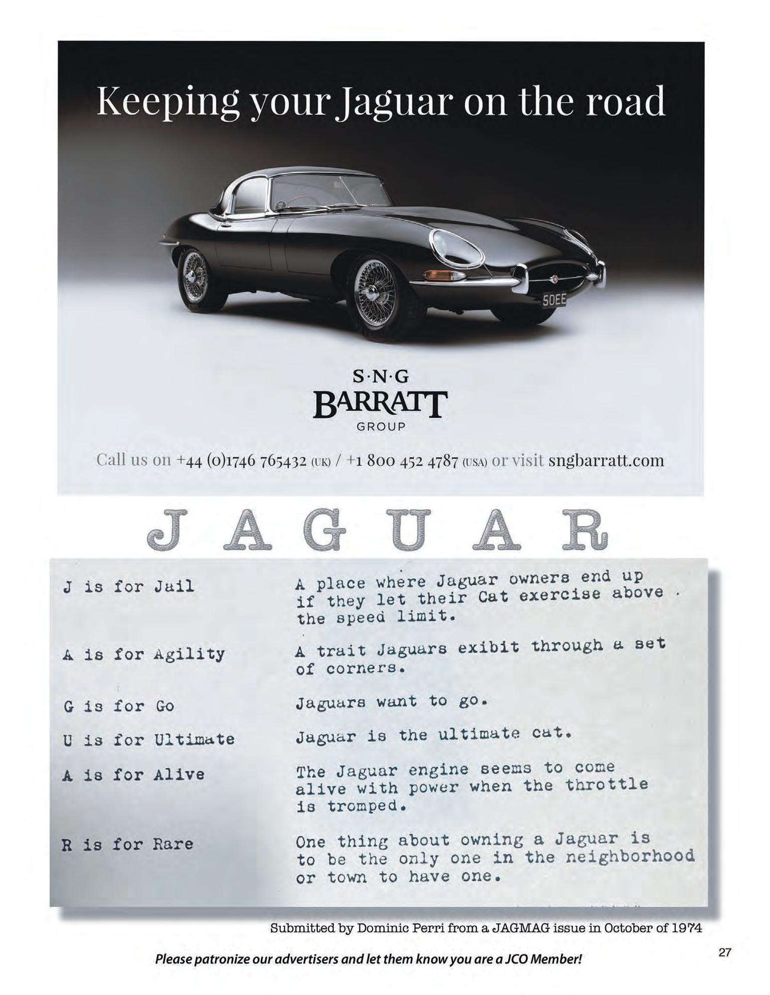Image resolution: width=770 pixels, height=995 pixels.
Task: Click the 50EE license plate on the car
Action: pos(553,300)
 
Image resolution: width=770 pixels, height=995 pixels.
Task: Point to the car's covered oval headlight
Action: pos(458,249)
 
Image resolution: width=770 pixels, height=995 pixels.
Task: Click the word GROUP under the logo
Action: pos(380,427)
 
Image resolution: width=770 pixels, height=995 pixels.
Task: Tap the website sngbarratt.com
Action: pos(606,460)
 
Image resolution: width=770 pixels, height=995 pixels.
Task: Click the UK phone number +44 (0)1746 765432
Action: pos(242,460)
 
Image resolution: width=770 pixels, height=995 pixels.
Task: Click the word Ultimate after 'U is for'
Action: pos(194,739)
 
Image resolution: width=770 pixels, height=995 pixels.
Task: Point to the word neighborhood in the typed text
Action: pos(630,857)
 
